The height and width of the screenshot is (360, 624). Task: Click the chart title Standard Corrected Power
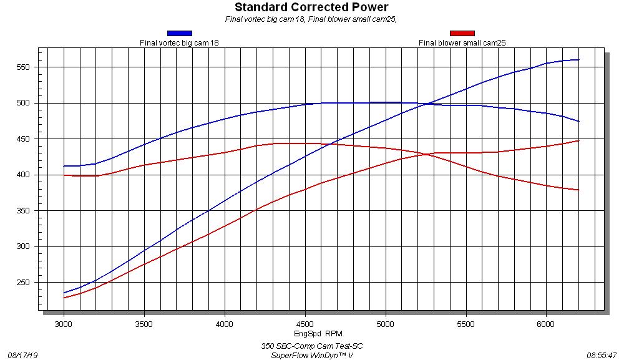pyautogui.click(x=311, y=7)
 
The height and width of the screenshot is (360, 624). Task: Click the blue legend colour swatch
pyautogui.click(x=179, y=33)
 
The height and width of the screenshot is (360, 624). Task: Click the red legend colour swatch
pyautogui.click(x=462, y=33)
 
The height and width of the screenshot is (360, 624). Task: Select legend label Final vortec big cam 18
pyautogui.click(x=179, y=43)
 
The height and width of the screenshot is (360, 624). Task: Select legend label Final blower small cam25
pyautogui.click(x=462, y=43)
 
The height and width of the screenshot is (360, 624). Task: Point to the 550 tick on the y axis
pyautogui.click(x=24, y=67)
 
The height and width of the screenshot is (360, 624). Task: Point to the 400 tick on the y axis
pyautogui.click(x=24, y=175)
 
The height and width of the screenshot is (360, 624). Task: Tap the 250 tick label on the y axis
pyautogui.click(x=24, y=283)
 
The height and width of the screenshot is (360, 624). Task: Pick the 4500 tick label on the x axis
pyautogui.click(x=305, y=324)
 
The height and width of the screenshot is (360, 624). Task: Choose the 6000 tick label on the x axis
pyautogui.click(x=547, y=324)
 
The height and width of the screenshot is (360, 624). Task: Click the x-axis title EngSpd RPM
pyautogui.click(x=318, y=334)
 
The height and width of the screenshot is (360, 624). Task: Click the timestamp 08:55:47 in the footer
pyautogui.click(x=602, y=355)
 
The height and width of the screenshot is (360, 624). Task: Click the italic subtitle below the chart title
pyautogui.click(x=311, y=19)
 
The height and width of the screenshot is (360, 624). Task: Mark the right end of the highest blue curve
pyautogui.click(x=579, y=60)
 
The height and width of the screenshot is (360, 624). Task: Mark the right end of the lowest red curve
pyautogui.click(x=579, y=190)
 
